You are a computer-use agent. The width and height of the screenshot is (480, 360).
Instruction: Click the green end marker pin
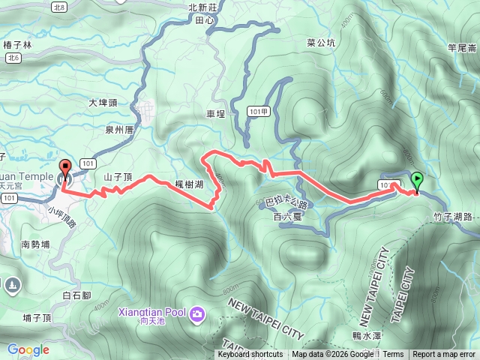click(417, 181)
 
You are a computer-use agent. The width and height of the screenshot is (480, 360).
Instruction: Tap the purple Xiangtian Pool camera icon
click(197, 312)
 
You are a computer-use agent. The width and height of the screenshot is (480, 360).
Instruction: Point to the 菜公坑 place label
click(321, 43)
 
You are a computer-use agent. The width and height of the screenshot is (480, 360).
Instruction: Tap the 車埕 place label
click(215, 115)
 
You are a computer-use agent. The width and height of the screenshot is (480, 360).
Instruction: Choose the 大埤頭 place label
click(103, 103)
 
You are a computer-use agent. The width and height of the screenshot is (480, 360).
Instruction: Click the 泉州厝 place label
click(119, 129)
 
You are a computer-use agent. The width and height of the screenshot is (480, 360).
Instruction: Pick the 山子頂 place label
click(118, 177)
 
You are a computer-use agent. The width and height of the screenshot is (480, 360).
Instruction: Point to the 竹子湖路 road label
click(452, 216)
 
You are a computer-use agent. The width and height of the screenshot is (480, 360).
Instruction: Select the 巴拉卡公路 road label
click(286, 203)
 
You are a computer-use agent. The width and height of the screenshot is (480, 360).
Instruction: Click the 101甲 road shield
click(256, 111)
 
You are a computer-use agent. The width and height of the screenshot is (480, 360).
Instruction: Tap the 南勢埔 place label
click(35, 244)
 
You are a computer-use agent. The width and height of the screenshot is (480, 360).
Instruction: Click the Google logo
click(28, 349)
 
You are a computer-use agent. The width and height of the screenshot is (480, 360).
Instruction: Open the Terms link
click(392, 355)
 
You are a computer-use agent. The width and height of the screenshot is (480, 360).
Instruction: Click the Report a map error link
click(444, 355)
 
